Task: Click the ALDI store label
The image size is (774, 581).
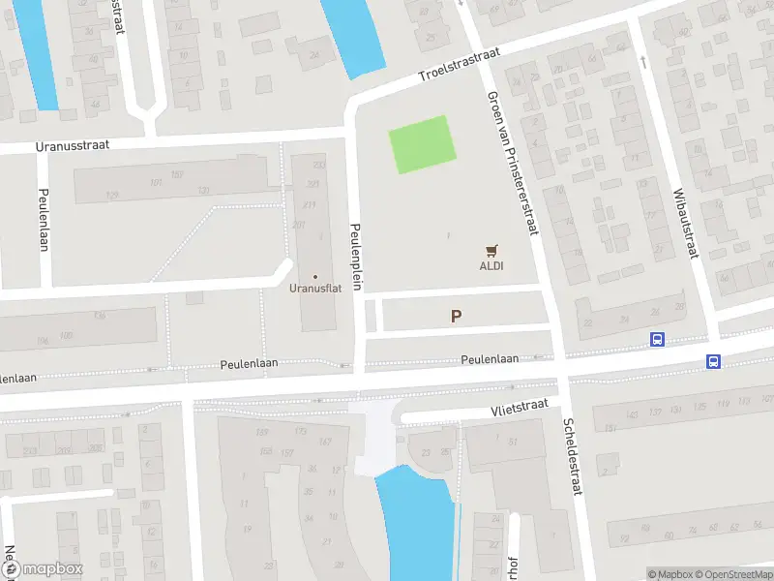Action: pyautogui.click(x=491, y=265)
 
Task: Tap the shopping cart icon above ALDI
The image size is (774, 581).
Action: pyautogui.click(x=491, y=250)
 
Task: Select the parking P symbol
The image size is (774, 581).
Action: pyautogui.click(x=456, y=316)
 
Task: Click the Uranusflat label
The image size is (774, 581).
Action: pyautogui.click(x=313, y=288)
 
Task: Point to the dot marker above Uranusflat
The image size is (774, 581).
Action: pyautogui.click(x=314, y=277)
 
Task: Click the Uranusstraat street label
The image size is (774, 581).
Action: pyautogui.click(x=72, y=144)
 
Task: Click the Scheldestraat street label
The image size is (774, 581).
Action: pyautogui.click(x=571, y=458)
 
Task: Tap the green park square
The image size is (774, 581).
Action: pyautogui.click(x=422, y=145)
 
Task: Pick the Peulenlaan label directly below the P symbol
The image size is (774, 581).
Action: pyautogui.click(x=490, y=358)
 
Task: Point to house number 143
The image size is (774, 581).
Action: pyautogui.click(x=633, y=415)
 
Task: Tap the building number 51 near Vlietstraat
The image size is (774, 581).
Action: pyautogui.click(x=514, y=443)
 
